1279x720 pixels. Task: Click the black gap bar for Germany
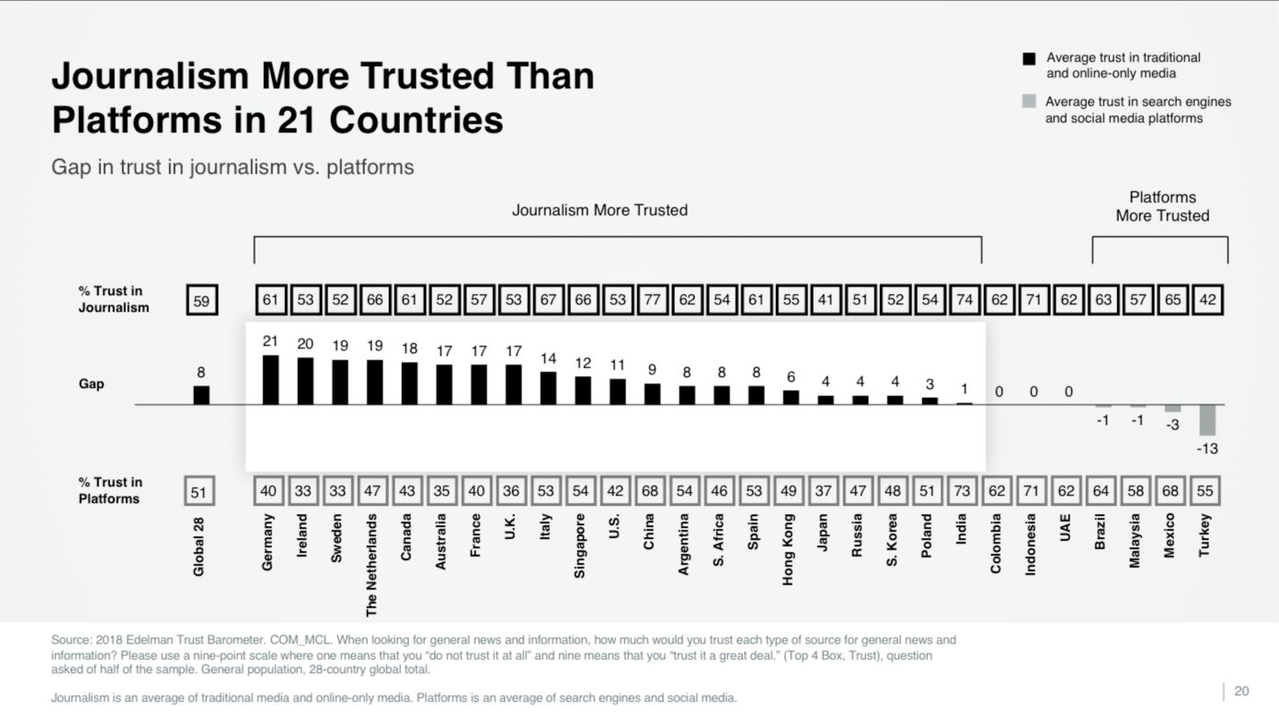(270, 380)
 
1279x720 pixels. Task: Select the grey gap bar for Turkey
(1207, 420)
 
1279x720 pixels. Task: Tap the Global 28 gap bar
(201, 395)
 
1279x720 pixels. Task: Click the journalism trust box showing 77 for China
(652, 300)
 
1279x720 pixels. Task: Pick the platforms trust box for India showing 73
(962, 491)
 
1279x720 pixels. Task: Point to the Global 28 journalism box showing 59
(201, 300)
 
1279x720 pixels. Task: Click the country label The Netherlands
(371, 565)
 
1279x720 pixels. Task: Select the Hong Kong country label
(788, 550)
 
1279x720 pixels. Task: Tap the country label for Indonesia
(1031, 544)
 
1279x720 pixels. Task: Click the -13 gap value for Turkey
(1207, 449)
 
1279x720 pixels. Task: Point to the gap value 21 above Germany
(270, 341)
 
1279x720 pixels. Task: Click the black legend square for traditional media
(1029, 59)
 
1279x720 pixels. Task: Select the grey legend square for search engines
(1029, 102)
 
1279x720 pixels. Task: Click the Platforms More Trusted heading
(1162, 207)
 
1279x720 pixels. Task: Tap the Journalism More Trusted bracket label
(600, 210)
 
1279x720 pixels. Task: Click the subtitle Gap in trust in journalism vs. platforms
(233, 167)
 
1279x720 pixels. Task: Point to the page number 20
(1241, 691)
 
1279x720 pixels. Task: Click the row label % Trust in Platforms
(109, 490)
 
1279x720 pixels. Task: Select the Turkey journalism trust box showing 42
(1207, 300)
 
